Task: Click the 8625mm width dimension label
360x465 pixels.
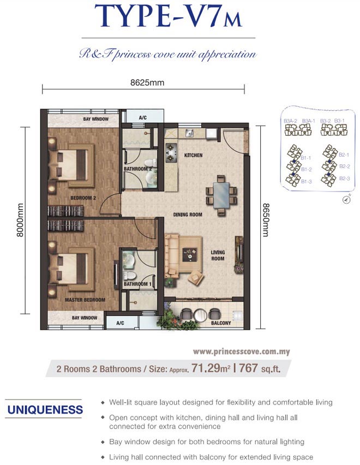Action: [x=147, y=82]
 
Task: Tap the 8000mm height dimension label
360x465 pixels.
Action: [x=20, y=220]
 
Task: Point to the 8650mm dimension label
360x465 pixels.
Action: [x=266, y=220]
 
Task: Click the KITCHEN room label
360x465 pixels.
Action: [x=193, y=155]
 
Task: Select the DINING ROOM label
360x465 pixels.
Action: [x=188, y=214]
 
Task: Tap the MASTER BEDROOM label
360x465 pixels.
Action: [x=85, y=300]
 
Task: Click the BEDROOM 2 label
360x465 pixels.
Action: [x=83, y=198]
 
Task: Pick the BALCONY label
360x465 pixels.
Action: [x=221, y=323]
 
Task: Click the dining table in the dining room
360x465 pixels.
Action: [x=221, y=195]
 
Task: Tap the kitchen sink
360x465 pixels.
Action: [x=190, y=133]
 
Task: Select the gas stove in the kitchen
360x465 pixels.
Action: [x=171, y=153]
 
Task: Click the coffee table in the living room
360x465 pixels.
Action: [x=190, y=254]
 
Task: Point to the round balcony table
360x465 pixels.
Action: [x=200, y=315]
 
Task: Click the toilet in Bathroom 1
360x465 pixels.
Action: [x=129, y=275]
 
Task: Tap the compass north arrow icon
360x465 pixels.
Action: [x=346, y=200]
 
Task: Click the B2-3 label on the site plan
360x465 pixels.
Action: [x=344, y=178]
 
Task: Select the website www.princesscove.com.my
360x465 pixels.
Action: [x=242, y=352]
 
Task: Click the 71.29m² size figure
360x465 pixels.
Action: [x=211, y=368]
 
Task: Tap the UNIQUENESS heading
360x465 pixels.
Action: [x=45, y=410]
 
